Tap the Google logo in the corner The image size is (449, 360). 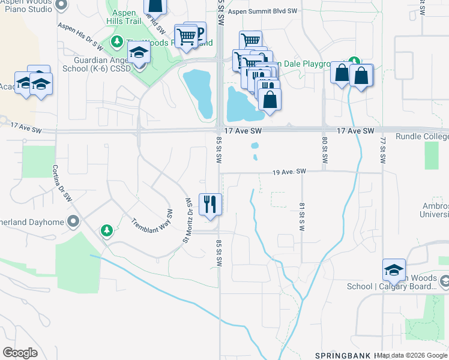tap(20, 352)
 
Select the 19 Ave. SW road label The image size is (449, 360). tap(289, 172)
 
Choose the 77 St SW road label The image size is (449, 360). tap(382, 151)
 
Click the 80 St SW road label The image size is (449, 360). tap(324, 151)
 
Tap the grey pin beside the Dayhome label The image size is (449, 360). tap(73, 222)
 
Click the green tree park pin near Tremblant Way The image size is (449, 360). tap(106, 230)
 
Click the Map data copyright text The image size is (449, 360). tap(412, 356)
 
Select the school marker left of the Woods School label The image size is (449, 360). tap(394, 271)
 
